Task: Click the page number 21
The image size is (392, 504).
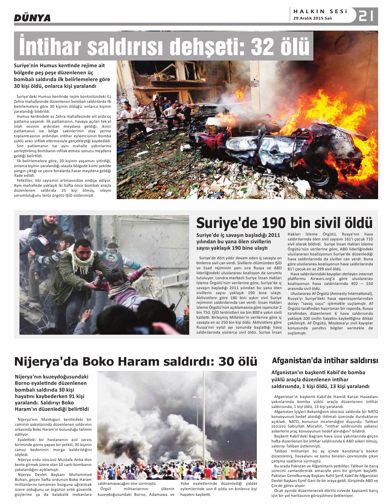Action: coord(366,16)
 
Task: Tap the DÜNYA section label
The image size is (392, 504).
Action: coord(32,18)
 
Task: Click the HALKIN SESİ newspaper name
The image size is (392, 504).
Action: coord(320,11)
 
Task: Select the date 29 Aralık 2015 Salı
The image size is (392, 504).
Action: coord(313,18)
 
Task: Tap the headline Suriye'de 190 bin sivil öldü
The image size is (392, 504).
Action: coord(284,223)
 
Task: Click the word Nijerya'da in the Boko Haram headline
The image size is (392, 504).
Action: coord(47,361)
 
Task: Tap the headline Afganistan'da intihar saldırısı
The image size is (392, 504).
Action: coord(325,361)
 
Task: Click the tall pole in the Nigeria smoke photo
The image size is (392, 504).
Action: coord(204,420)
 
